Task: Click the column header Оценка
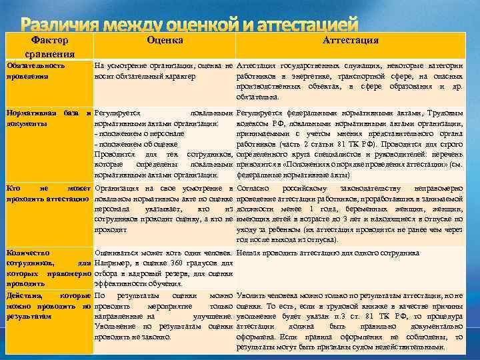tap(164, 41)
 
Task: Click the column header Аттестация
tap(351, 41)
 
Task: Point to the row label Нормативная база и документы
tap(47, 119)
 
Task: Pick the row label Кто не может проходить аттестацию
tap(47, 194)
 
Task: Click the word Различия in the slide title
tap(58, 25)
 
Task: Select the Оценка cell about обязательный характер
tap(163, 71)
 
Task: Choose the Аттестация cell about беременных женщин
tap(350, 213)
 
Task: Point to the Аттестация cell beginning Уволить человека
tap(350, 320)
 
